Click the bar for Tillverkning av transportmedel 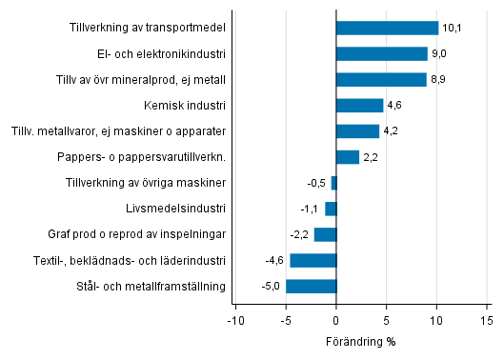387,28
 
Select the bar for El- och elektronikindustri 382,53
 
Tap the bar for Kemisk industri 359,105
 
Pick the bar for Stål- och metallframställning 311,286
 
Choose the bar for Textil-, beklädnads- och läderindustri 312,260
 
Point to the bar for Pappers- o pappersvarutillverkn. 348,157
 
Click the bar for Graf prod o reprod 325,234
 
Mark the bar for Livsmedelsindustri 331,209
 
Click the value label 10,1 452,29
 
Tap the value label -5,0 272,287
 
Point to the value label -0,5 316,183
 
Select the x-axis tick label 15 486,321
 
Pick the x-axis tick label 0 336,321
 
